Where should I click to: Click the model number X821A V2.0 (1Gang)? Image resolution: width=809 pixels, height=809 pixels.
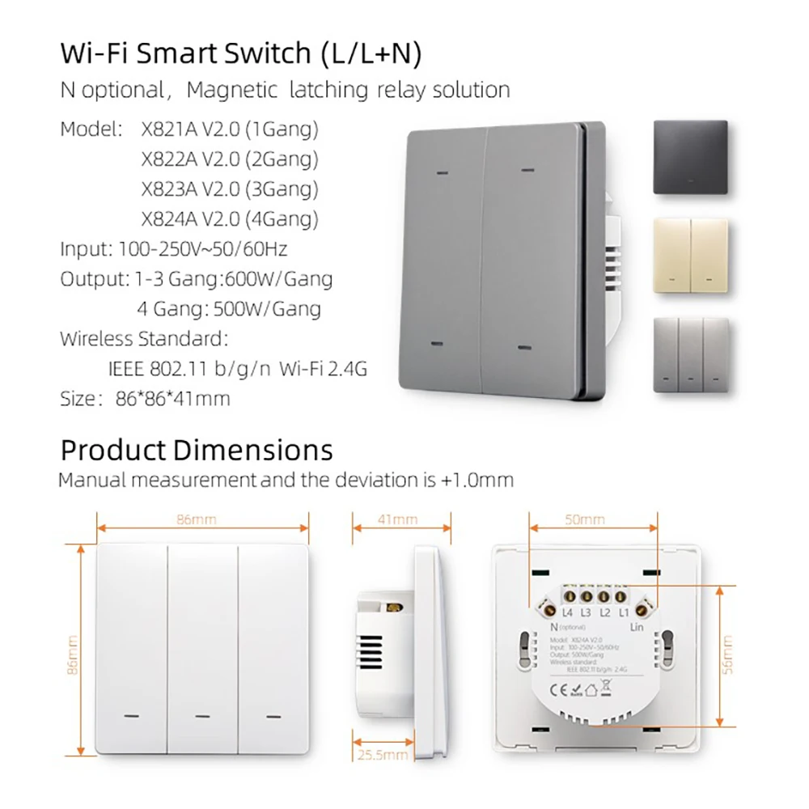[230, 129]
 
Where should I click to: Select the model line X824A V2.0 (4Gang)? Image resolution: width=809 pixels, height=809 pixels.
[230, 218]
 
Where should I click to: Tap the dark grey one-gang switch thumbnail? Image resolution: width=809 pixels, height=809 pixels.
[690, 157]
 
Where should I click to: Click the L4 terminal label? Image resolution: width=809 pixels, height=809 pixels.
[566, 614]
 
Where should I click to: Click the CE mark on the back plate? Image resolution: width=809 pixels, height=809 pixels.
[560, 689]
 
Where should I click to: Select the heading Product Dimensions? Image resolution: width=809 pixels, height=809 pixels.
[197, 450]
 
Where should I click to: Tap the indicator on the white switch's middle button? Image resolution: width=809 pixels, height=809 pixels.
[202, 715]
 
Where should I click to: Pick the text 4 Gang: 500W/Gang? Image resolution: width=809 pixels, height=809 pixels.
[229, 309]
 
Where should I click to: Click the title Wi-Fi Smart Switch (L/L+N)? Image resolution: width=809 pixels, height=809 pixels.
[241, 53]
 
